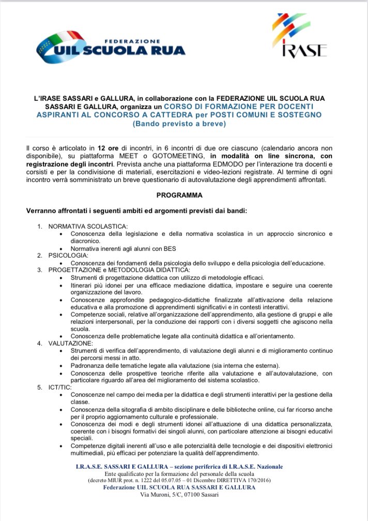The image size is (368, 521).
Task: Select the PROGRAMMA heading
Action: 179,195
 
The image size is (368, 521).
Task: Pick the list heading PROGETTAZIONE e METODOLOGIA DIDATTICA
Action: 119,270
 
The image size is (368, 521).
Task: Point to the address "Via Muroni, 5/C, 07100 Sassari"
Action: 179,495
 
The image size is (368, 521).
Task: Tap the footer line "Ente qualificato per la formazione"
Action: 179,474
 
